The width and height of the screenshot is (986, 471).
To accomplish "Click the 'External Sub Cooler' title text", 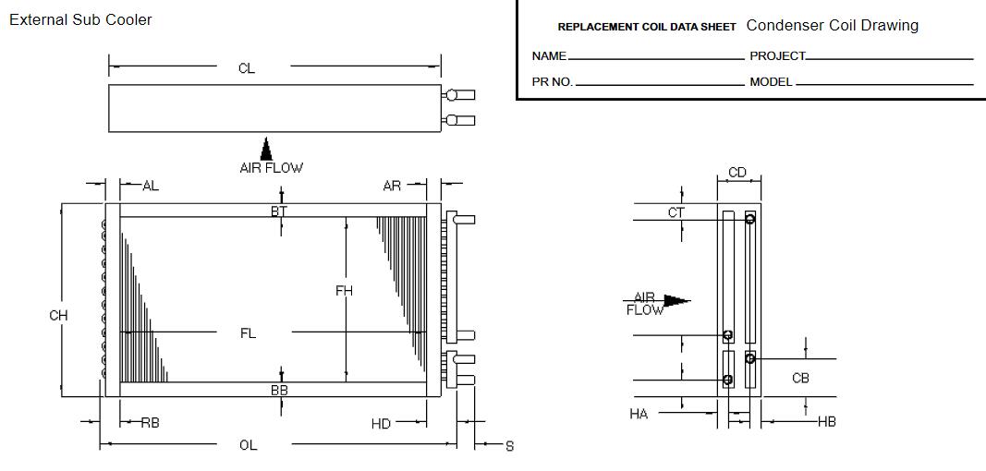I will click(x=80, y=19).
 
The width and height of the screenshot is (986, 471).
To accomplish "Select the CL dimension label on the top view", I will click(x=246, y=68).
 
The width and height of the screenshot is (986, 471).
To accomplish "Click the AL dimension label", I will click(x=150, y=186).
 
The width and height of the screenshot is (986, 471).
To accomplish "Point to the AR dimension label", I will click(x=392, y=186).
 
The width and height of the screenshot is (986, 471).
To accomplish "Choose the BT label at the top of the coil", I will click(x=279, y=211).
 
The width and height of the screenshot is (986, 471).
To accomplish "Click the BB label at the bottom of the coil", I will click(x=279, y=391).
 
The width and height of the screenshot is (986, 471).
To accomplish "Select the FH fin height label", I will click(x=344, y=291).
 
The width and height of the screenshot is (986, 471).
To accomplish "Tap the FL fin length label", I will click(x=248, y=333).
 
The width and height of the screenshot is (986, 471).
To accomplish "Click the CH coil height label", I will click(x=58, y=316).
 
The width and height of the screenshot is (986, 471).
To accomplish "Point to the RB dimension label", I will click(x=150, y=423).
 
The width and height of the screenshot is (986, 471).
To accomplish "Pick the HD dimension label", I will click(x=381, y=423).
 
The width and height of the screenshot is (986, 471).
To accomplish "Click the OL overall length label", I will click(x=248, y=445).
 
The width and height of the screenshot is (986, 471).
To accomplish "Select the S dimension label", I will click(x=509, y=446).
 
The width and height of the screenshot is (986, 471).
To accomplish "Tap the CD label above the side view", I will click(x=737, y=173).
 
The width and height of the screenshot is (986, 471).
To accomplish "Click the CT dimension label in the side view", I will click(x=676, y=212).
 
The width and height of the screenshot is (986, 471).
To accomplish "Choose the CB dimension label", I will click(x=801, y=378).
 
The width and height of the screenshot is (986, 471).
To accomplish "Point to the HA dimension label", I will click(x=639, y=414).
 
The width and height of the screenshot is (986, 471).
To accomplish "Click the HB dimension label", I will click(x=827, y=421).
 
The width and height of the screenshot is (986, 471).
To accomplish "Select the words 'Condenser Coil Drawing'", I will click(x=832, y=26).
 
